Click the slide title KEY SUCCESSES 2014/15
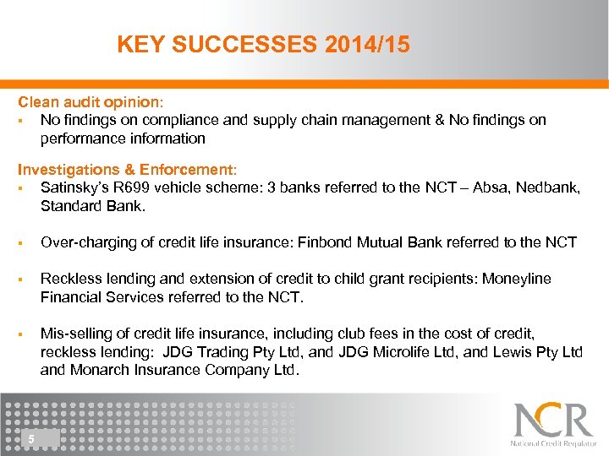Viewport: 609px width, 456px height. (x=263, y=45)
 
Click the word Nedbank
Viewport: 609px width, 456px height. (x=550, y=187)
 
